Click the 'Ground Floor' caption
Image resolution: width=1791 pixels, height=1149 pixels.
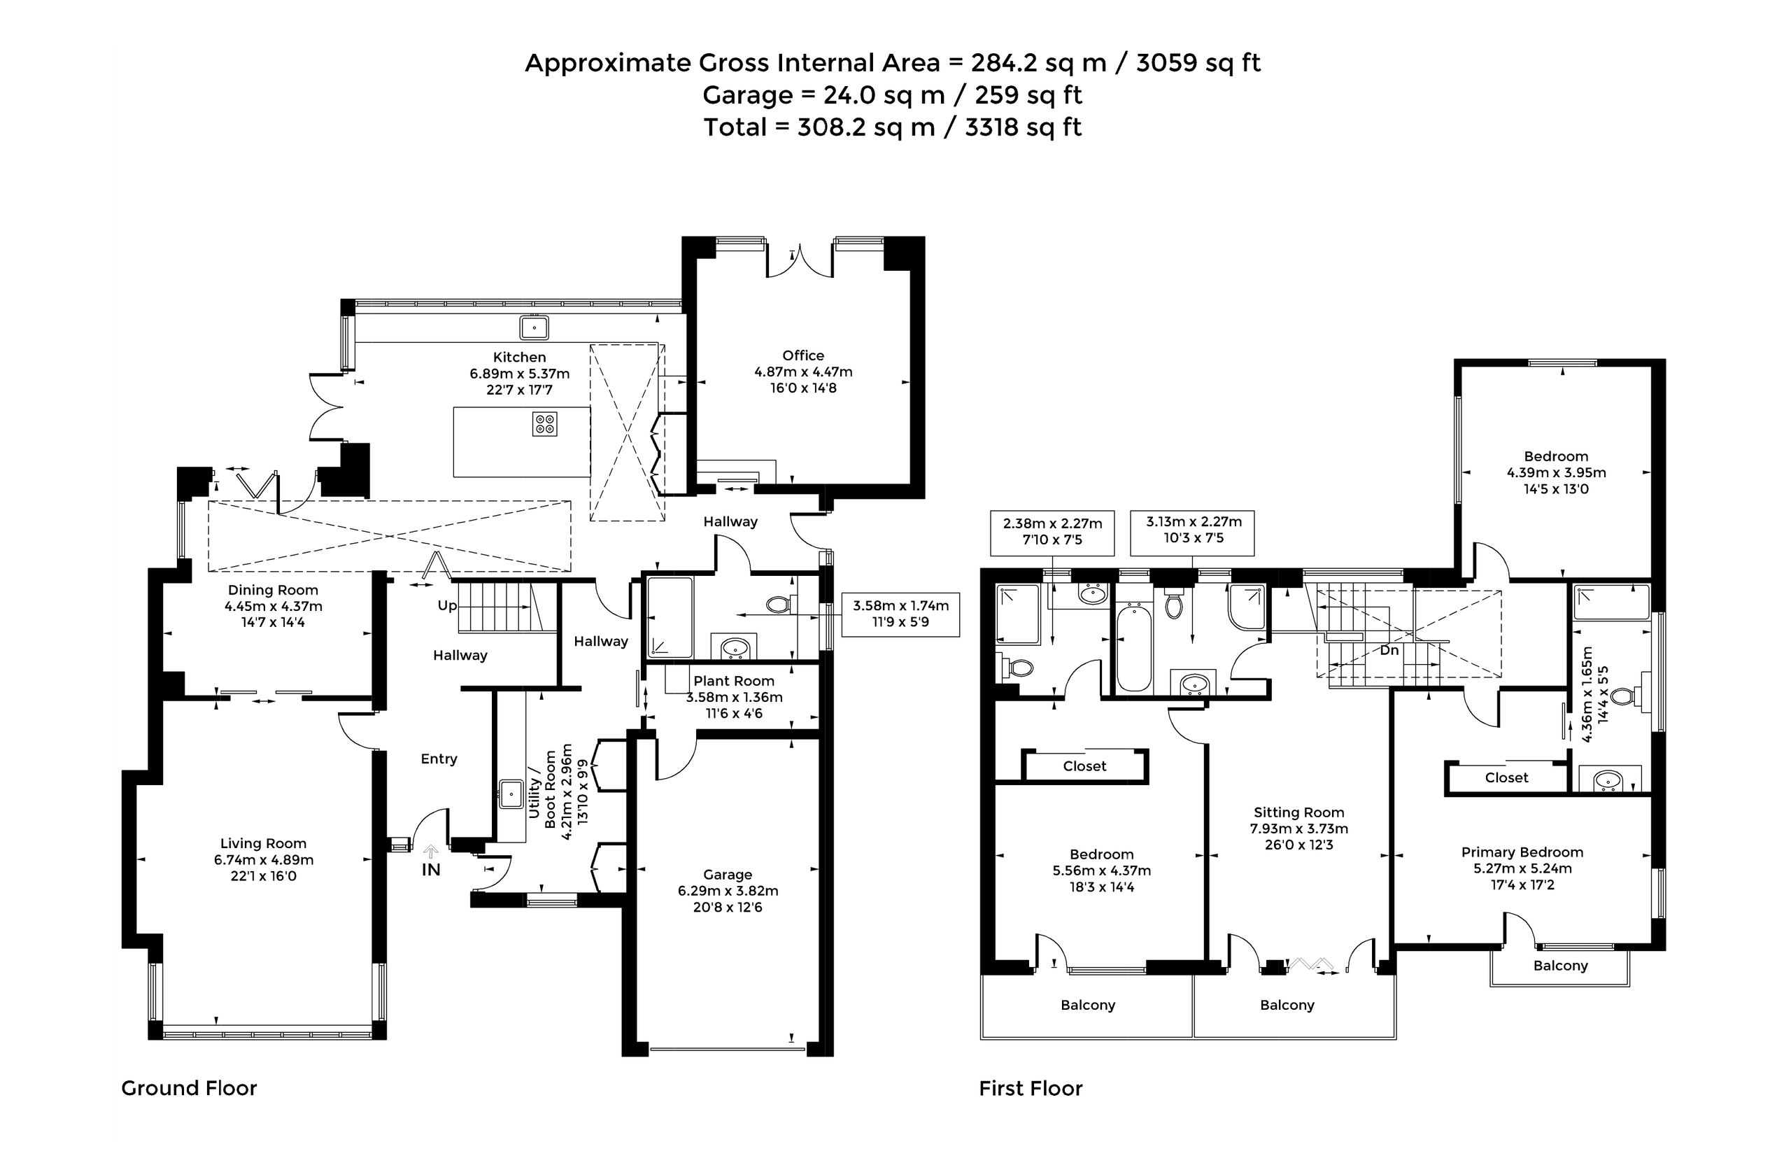[x=189, y=1089]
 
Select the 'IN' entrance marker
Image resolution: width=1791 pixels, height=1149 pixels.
[x=431, y=870]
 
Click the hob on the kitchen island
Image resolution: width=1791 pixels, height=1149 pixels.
[x=544, y=424]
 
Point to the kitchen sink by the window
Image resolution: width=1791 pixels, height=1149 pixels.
[x=534, y=327]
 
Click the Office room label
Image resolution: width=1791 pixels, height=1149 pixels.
[x=802, y=356]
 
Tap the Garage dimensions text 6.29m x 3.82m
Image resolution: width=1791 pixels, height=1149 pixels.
[x=728, y=891]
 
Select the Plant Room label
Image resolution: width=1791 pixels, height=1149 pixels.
[x=734, y=681]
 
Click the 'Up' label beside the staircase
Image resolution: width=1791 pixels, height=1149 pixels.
[x=447, y=606]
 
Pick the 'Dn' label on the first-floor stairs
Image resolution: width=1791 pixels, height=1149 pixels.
[x=1389, y=651]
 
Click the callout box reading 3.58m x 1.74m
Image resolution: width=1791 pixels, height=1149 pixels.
[x=900, y=614]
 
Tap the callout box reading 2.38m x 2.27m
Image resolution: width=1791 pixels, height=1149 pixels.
[x=1052, y=533]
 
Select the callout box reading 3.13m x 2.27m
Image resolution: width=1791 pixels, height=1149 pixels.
[x=1192, y=533]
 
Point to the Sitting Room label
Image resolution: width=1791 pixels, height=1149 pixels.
[x=1298, y=812]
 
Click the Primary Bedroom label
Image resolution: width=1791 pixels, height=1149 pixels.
[x=1522, y=852]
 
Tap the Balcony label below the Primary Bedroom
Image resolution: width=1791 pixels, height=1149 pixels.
[x=1561, y=966]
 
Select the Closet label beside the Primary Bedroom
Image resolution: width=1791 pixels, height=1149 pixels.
[x=1507, y=777]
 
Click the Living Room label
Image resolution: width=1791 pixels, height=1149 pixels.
[x=263, y=843]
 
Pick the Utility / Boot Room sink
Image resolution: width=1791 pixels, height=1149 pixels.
[x=511, y=794]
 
